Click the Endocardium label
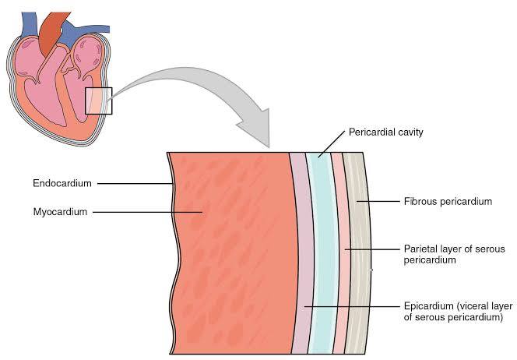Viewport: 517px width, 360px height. (x=62, y=184)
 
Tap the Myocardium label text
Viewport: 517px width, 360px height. (x=59, y=211)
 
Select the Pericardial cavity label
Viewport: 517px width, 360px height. (x=386, y=132)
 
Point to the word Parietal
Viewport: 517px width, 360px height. (x=420, y=249)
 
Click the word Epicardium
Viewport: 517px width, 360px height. (x=427, y=306)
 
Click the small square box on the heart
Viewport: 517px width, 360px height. (x=99, y=101)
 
